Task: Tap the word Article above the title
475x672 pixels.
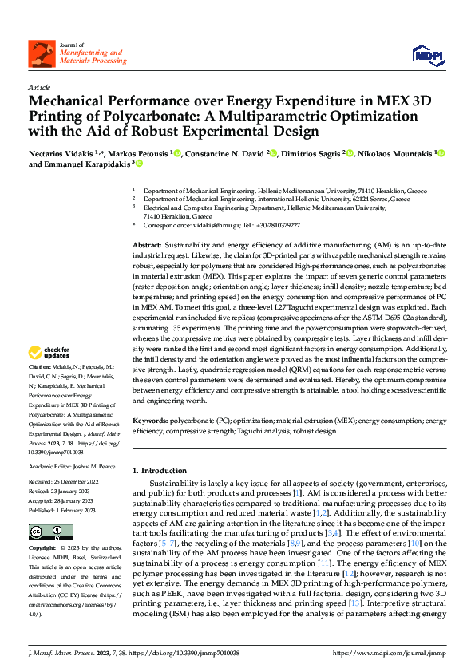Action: click(x=39, y=86)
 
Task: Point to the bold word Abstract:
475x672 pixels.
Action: click(x=147, y=245)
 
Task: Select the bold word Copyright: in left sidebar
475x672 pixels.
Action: click(x=42, y=550)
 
